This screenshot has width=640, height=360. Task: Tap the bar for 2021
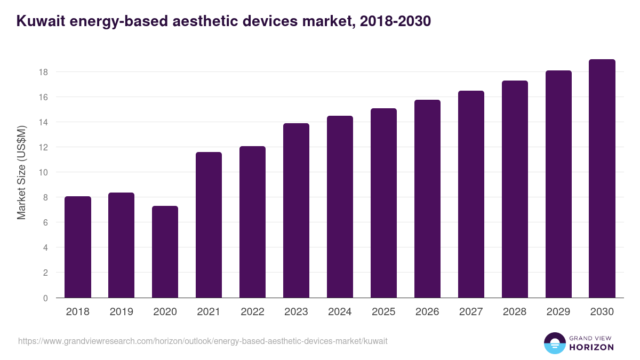pyautogui.click(x=209, y=225)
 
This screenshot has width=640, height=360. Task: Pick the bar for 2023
pyautogui.click(x=297, y=210)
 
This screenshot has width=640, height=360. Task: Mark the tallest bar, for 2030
pyautogui.click(x=602, y=178)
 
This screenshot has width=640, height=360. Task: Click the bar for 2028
pyautogui.click(x=515, y=189)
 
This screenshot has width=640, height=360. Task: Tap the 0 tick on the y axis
pyautogui.click(x=45, y=298)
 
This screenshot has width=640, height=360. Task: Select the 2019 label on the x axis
pyautogui.click(x=122, y=312)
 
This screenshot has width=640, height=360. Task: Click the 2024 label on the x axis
pyautogui.click(x=340, y=312)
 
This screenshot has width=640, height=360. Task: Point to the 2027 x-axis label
pyautogui.click(x=471, y=312)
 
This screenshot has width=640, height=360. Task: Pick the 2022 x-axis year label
pyautogui.click(x=253, y=312)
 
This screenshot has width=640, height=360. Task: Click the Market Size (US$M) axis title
pyautogui.click(x=22, y=172)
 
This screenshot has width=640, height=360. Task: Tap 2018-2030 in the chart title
pyautogui.click(x=395, y=21)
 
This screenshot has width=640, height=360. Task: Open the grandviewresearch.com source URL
pyautogui.click(x=203, y=341)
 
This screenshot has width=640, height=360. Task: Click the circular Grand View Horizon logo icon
pyautogui.click(x=554, y=343)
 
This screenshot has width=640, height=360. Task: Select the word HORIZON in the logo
pyautogui.click(x=591, y=347)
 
